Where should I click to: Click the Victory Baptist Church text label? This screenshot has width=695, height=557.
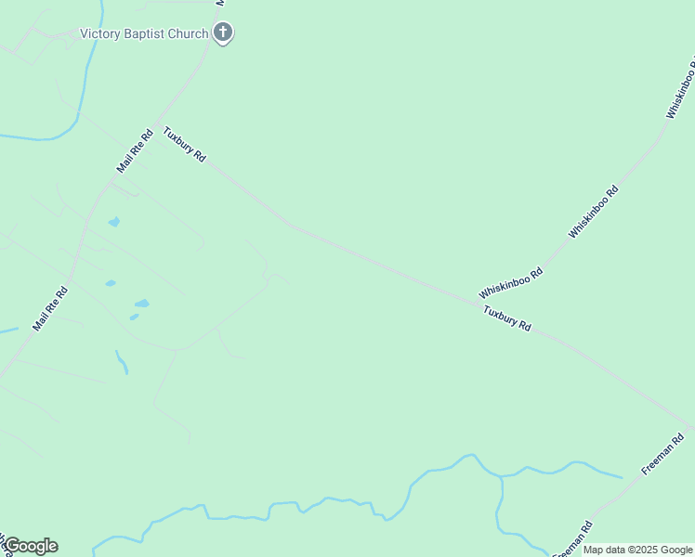[144, 34]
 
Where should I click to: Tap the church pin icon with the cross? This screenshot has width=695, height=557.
[222, 33]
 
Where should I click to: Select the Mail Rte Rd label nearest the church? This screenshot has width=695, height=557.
[136, 150]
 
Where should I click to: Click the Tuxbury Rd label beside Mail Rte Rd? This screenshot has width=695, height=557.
[184, 145]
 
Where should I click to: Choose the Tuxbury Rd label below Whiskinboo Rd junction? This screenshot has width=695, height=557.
[506, 319]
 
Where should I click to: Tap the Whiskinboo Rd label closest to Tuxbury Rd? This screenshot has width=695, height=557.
[510, 282]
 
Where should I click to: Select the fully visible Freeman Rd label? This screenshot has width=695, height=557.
[662, 454]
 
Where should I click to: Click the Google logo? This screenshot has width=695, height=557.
[31, 546]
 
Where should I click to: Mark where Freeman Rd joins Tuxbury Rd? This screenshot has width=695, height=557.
[690, 428]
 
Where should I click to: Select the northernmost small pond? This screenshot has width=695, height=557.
[114, 222]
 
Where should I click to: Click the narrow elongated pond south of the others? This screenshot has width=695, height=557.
[122, 362]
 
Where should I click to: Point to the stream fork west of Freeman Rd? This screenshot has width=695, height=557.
[501, 476]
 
